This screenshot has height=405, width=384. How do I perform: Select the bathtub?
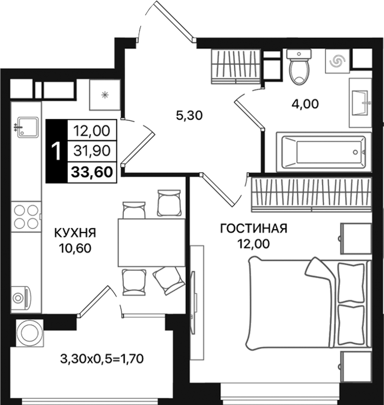324,152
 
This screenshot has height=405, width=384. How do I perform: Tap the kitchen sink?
28,128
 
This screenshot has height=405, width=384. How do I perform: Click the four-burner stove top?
26,216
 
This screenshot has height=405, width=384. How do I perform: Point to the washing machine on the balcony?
29,333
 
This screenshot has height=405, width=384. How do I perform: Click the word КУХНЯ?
75,233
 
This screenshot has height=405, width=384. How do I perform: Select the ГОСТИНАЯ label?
254,229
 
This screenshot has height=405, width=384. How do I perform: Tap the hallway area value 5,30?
189,116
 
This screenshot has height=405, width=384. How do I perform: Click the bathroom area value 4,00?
305,104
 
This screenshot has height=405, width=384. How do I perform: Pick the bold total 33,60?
92,172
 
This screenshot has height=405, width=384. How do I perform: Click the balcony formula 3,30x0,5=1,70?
102,359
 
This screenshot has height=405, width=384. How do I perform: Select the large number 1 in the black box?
56,152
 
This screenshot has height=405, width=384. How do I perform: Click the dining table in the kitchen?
152,242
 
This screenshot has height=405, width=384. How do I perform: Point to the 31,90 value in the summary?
92,150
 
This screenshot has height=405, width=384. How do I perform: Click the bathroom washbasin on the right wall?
360,103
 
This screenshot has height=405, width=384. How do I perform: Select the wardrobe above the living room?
312,195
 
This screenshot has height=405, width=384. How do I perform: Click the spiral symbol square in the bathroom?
338,61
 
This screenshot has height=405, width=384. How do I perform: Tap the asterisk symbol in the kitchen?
105,95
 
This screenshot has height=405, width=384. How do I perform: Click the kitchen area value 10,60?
75,248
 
